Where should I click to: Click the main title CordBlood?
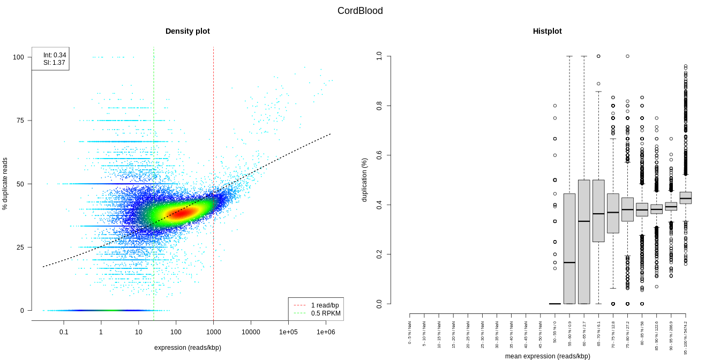(x=360, y=11)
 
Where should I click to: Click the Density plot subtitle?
(x=187, y=31)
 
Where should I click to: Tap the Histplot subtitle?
(x=547, y=31)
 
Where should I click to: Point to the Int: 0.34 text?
(x=55, y=55)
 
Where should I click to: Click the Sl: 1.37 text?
(x=54, y=63)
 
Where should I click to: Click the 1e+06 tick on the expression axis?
(x=326, y=332)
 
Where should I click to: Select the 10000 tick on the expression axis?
(x=251, y=332)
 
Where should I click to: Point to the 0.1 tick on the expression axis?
(x=64, y=332)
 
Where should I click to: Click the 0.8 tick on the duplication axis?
(x=379, y=106)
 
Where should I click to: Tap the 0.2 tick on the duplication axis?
(x=379, y=254)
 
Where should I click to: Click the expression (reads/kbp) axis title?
(x=187, y=348)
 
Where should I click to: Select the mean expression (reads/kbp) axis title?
(x=547, y=356)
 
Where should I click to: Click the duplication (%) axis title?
(x=364, y=179)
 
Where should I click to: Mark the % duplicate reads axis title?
(x=5, y=183)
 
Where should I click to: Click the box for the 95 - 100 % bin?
(x=686, y=198)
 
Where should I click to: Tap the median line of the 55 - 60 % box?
(x=569, y=262)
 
